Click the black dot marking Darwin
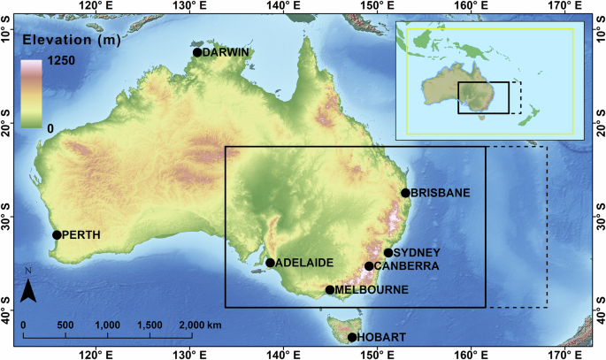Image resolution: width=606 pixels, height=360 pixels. pyautogui.click(x=197, y=52)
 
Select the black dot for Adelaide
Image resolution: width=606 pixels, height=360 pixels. pyautogui.click(x=270, y=263)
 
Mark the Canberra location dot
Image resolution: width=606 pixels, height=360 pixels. pyautogui.click(x=369, y=266)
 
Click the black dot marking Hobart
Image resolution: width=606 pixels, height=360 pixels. pyautogui.click(x=352, y=338)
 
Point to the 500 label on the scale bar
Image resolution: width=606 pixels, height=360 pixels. pyautogui.click(x=65, y=326)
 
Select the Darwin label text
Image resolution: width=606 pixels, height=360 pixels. pyautogui.click(x=226, y=52)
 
